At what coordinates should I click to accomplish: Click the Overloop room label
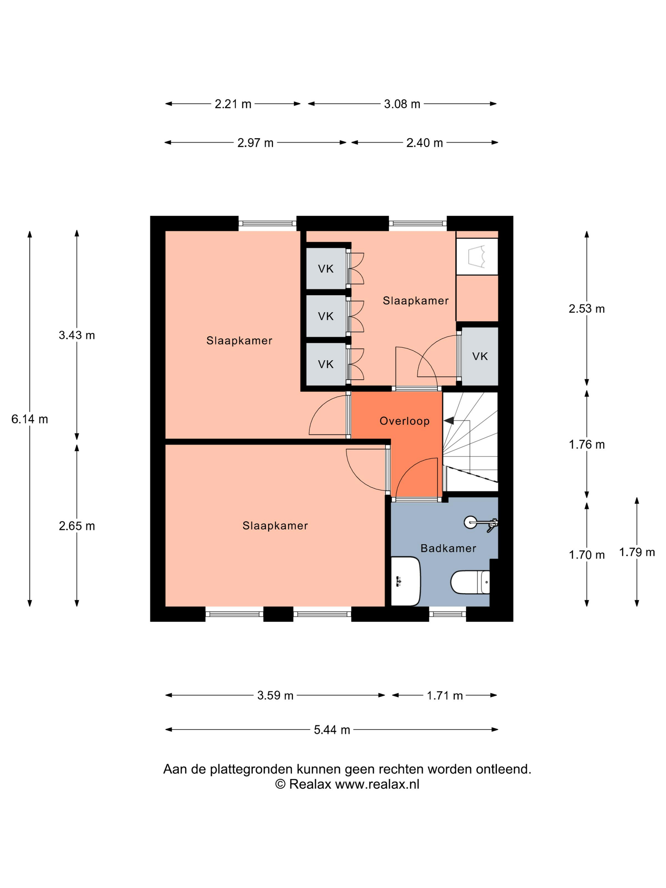tap(404, 421)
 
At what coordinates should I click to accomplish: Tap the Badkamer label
tap(448, 548)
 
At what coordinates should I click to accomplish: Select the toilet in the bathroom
tap(470, 582)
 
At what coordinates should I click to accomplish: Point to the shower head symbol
tap(480, 523)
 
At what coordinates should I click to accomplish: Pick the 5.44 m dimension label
tap(332, 730)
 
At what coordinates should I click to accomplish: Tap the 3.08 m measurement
tap(402, 104)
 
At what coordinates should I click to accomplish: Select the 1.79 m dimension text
tap(637, 552)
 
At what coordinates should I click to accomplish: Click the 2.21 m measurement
tap(233, 104)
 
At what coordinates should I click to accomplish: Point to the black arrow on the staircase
tap(449, 421)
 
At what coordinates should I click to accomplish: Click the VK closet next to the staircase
tap(480, 356)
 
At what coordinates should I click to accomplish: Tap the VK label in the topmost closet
tap(326, 269)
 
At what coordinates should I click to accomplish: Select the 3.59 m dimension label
tap(275, 695)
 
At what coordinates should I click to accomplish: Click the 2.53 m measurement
tap(586, 308)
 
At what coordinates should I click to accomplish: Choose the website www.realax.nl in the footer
tap(377, 784)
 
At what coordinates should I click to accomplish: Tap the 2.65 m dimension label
tap(77, 526)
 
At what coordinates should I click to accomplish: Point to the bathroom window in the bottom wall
tap(447, 614)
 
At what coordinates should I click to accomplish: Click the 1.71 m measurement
tap(445, 695)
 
